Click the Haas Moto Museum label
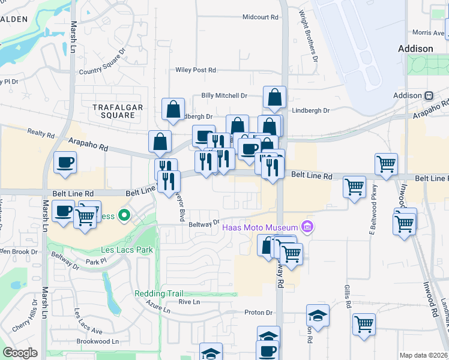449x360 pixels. click(x=260, y=227)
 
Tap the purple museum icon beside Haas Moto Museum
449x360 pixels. click(x=307, y=227)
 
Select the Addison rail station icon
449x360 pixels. click(x=429, y=95)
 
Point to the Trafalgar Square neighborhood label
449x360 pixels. click(x=113, y=110)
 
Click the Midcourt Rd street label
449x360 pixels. click(x=261, y=17)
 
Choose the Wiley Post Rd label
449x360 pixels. click(x=195, y=70)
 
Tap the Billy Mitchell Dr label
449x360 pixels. click(x=224, y=95)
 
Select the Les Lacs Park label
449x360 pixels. click(x=127, y=250)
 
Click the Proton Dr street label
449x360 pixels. click(x=258, y=313)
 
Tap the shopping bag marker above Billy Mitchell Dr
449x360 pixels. click(x=274, y=97)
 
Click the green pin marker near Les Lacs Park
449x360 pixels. click(x=124, y=215)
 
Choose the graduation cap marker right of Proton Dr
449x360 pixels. click(x=318, y=316)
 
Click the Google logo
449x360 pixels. click(x=20, y=353)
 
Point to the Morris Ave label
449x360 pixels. click(x=427, y=32)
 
